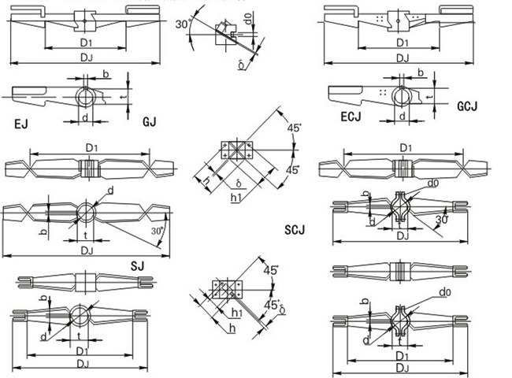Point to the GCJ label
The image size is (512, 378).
click(x=469, y=105)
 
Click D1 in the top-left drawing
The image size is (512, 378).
click(x=87, y=42)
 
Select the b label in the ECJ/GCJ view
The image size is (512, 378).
click(x=421, y=72)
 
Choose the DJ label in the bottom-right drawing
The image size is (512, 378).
click(x=402, y=365)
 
